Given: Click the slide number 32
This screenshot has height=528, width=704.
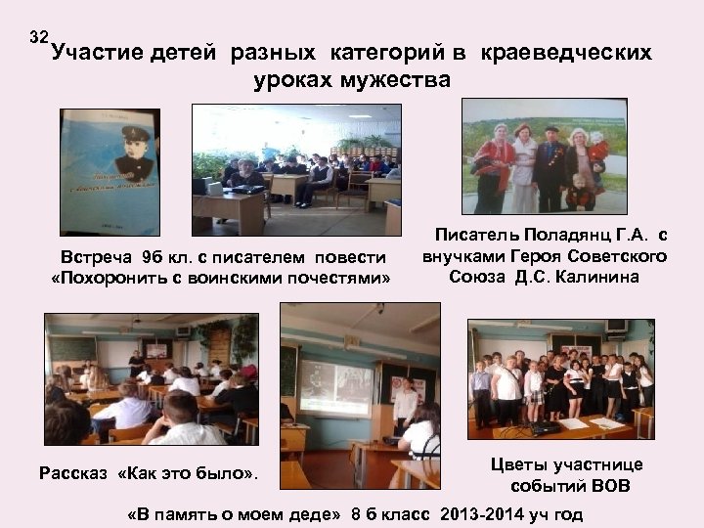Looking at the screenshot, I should tap(39, 38).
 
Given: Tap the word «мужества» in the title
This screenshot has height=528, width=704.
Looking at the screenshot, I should tap(399, 79).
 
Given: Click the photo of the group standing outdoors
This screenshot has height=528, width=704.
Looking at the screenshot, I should tap(544, 156).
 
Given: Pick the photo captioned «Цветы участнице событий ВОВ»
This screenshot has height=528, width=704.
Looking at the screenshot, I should tap(560, 379).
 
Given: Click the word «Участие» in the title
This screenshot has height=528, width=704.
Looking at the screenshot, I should tap(97, 52).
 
